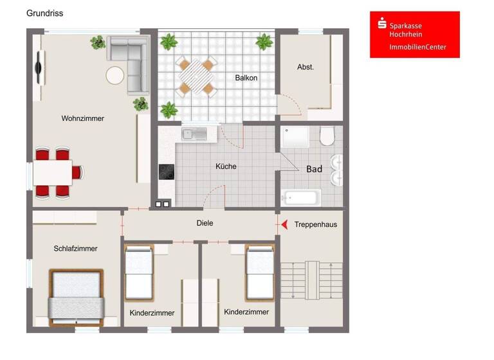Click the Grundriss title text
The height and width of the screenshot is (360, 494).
[x=44, y=13]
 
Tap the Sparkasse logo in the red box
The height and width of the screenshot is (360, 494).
[x=382, y=24]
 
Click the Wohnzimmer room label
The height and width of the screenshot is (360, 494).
[x=82, y=118]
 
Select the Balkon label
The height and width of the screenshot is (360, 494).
[x=246, y=78]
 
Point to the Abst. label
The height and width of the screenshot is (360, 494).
[x=306, y=67]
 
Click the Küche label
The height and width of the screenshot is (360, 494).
[x=226, y=166]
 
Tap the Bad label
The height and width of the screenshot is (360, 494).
[x=314, y=169]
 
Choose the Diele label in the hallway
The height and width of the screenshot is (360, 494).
[x=205, y=223]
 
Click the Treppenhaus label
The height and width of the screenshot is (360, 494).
[x=315, y=224]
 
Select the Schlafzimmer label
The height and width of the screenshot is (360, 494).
[x=76, y=248]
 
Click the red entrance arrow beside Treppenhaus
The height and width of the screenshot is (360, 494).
[x=282, y=224]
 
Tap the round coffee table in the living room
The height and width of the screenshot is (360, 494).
[x=115, y=75]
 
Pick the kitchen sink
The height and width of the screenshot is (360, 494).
[x=194, y=134]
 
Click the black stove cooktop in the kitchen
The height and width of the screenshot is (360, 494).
[x=167, y=172]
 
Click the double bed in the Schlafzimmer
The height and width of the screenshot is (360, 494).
[x=77, y=297]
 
